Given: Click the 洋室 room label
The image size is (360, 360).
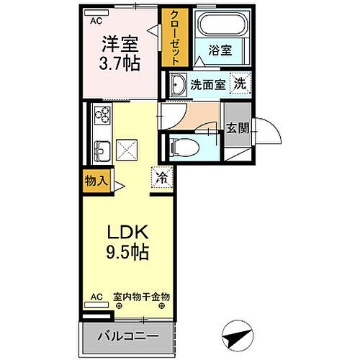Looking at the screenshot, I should point(120,44).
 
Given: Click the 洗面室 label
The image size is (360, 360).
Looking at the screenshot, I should point(208,84).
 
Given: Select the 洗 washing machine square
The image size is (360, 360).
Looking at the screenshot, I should point(239,82).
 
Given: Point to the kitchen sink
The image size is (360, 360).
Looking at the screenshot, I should point(102,150).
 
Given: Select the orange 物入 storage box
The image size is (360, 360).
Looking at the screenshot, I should point(94,181).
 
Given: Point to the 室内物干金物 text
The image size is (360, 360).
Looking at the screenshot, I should point(141,296).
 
